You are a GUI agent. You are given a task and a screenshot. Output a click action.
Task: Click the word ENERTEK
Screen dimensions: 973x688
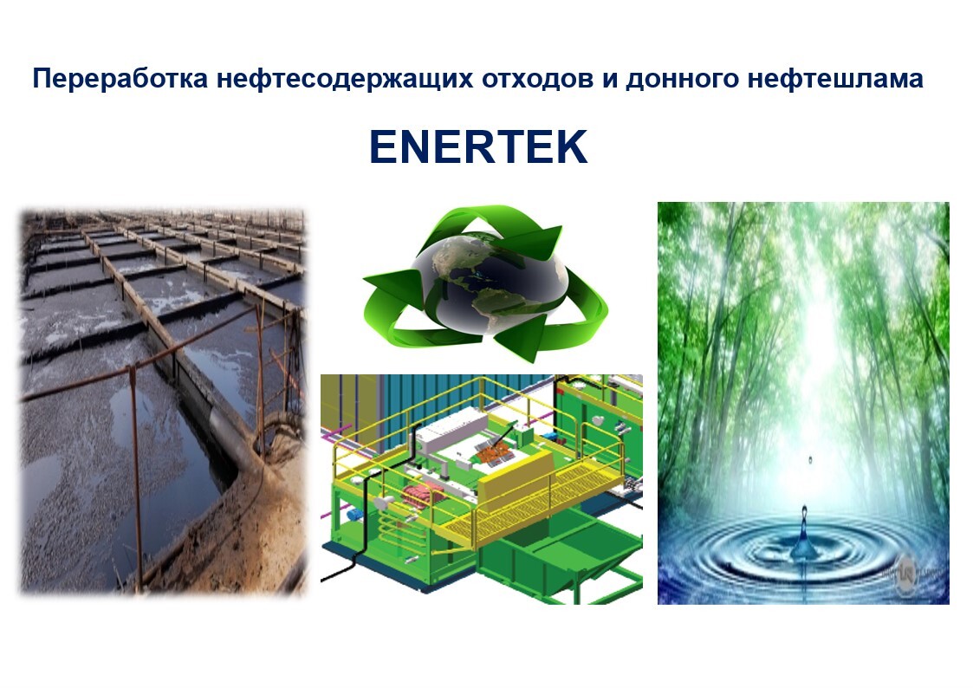point(477,147)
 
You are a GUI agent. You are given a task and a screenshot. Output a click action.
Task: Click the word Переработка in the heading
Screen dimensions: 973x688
point(120,79)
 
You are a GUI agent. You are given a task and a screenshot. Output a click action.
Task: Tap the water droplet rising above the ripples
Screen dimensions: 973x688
point(803,535)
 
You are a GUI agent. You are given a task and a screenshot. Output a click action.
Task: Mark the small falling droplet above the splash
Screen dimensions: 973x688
point(810,460)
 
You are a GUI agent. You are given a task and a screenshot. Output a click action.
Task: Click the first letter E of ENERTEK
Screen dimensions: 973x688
point(384,147)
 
